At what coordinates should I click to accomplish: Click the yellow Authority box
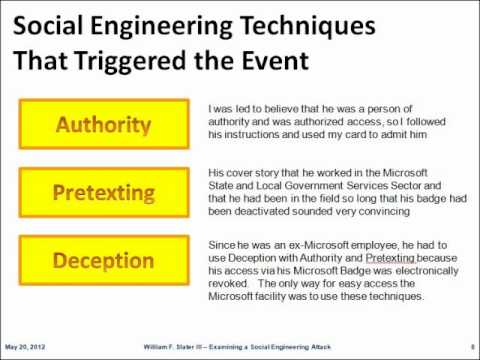tap(104, 127)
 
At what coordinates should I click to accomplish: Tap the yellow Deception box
tap(104, 259)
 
